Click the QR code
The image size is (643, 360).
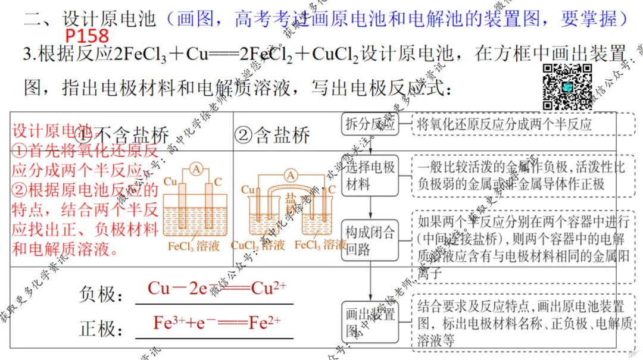pyautogui.click(x=567, y=87)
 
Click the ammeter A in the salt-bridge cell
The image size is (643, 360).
pyautogui.click(x=291, y=175)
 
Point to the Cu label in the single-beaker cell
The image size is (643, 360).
pyautogui.click(x=170, y=181)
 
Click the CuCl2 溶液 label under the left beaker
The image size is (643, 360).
pyautogui.click(x=258, y=245)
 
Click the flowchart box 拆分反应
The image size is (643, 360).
pyautogui.click(x=370, y=125)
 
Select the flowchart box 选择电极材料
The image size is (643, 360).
pyautogui.click(x=370, y=176)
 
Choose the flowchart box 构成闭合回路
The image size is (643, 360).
pyautogui.click(x=370, y=240)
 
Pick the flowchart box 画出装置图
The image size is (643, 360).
pyautogui.click(x=370, y=322)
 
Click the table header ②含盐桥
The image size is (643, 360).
pyautogui.click(x=272, y=136)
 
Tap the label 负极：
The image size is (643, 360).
pyautogui.click(x=101, y=295)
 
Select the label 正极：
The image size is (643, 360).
pyautogui.click(x=101, y=329)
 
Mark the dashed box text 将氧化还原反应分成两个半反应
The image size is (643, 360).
pyautogui.click(x=505, y=125)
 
